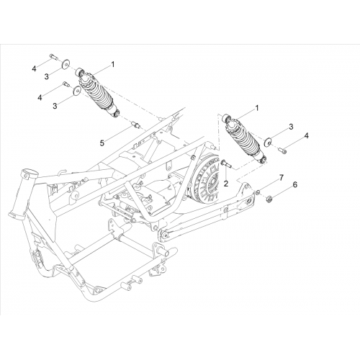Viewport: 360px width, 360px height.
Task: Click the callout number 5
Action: point(102,143)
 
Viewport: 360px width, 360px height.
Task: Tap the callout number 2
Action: point(226,184)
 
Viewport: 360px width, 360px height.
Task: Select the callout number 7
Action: point(282,178)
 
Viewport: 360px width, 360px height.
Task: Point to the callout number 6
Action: point(295,184)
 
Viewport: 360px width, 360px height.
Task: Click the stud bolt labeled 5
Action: point(135,124)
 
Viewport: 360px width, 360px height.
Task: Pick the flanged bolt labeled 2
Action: point(225,163)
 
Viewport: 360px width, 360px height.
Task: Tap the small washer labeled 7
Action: point(258,192)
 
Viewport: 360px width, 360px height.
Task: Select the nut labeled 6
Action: point(269,199)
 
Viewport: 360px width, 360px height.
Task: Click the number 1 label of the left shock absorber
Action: point(112,64)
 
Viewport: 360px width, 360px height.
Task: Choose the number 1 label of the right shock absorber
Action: point(257,108)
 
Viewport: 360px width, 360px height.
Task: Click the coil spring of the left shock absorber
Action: point(98,91)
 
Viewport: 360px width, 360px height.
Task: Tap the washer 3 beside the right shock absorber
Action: point(267,142)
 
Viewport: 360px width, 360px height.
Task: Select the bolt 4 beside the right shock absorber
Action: point(282,150)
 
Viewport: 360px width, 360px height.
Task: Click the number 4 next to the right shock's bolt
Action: point(306,135)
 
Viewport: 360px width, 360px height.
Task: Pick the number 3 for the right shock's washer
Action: point(291,127)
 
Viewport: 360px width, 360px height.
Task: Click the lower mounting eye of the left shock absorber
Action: point(117,114)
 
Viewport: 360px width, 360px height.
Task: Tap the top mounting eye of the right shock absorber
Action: point(227,117)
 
